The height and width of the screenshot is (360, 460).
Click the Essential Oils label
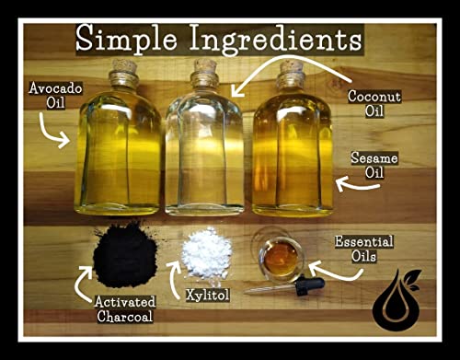pyautogui.click(x=365, y=249)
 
